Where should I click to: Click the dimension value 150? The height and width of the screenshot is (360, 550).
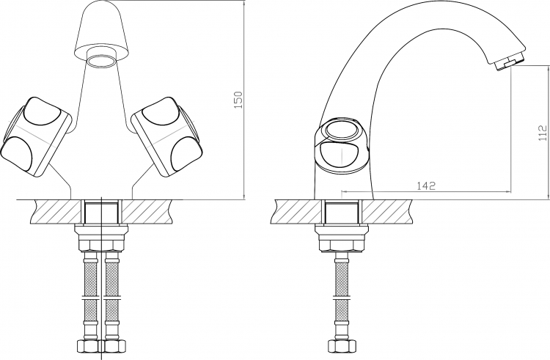coord(238,100)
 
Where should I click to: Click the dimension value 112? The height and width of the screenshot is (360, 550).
coord(542,133)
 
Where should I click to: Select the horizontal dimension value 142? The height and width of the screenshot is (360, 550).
coord(426,185)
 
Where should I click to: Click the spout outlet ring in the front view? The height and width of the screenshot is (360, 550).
coord(101,61)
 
